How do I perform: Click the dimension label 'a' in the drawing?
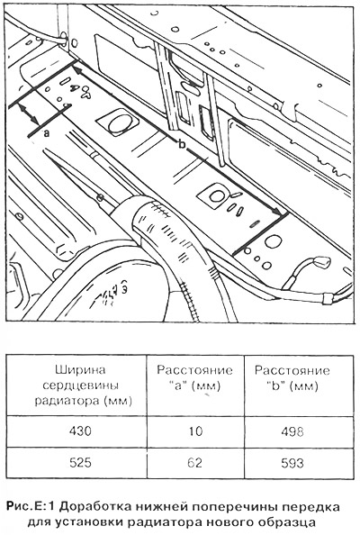click(x=47, y=132)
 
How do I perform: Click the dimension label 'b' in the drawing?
click(x=182, y=145)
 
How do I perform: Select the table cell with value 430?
click(x=80, y=431)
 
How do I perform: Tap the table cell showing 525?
click(x=80, y=462)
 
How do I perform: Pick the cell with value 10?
click(x=195, y=431)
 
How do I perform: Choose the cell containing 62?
click(x=195, y=462)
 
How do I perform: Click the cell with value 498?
click(x=292, y=431)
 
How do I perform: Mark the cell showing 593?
click(x=292, y=462)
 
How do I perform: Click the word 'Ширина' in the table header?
click(x=80, y=370)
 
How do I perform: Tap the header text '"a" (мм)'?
click(x=194, y=386)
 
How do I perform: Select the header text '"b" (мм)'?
click(x=292, y=385)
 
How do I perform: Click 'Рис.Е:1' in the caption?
click(x=31, y=507)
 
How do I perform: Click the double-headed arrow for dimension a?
click(x=30, y=114)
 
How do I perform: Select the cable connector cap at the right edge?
click(x=322, y=262)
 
